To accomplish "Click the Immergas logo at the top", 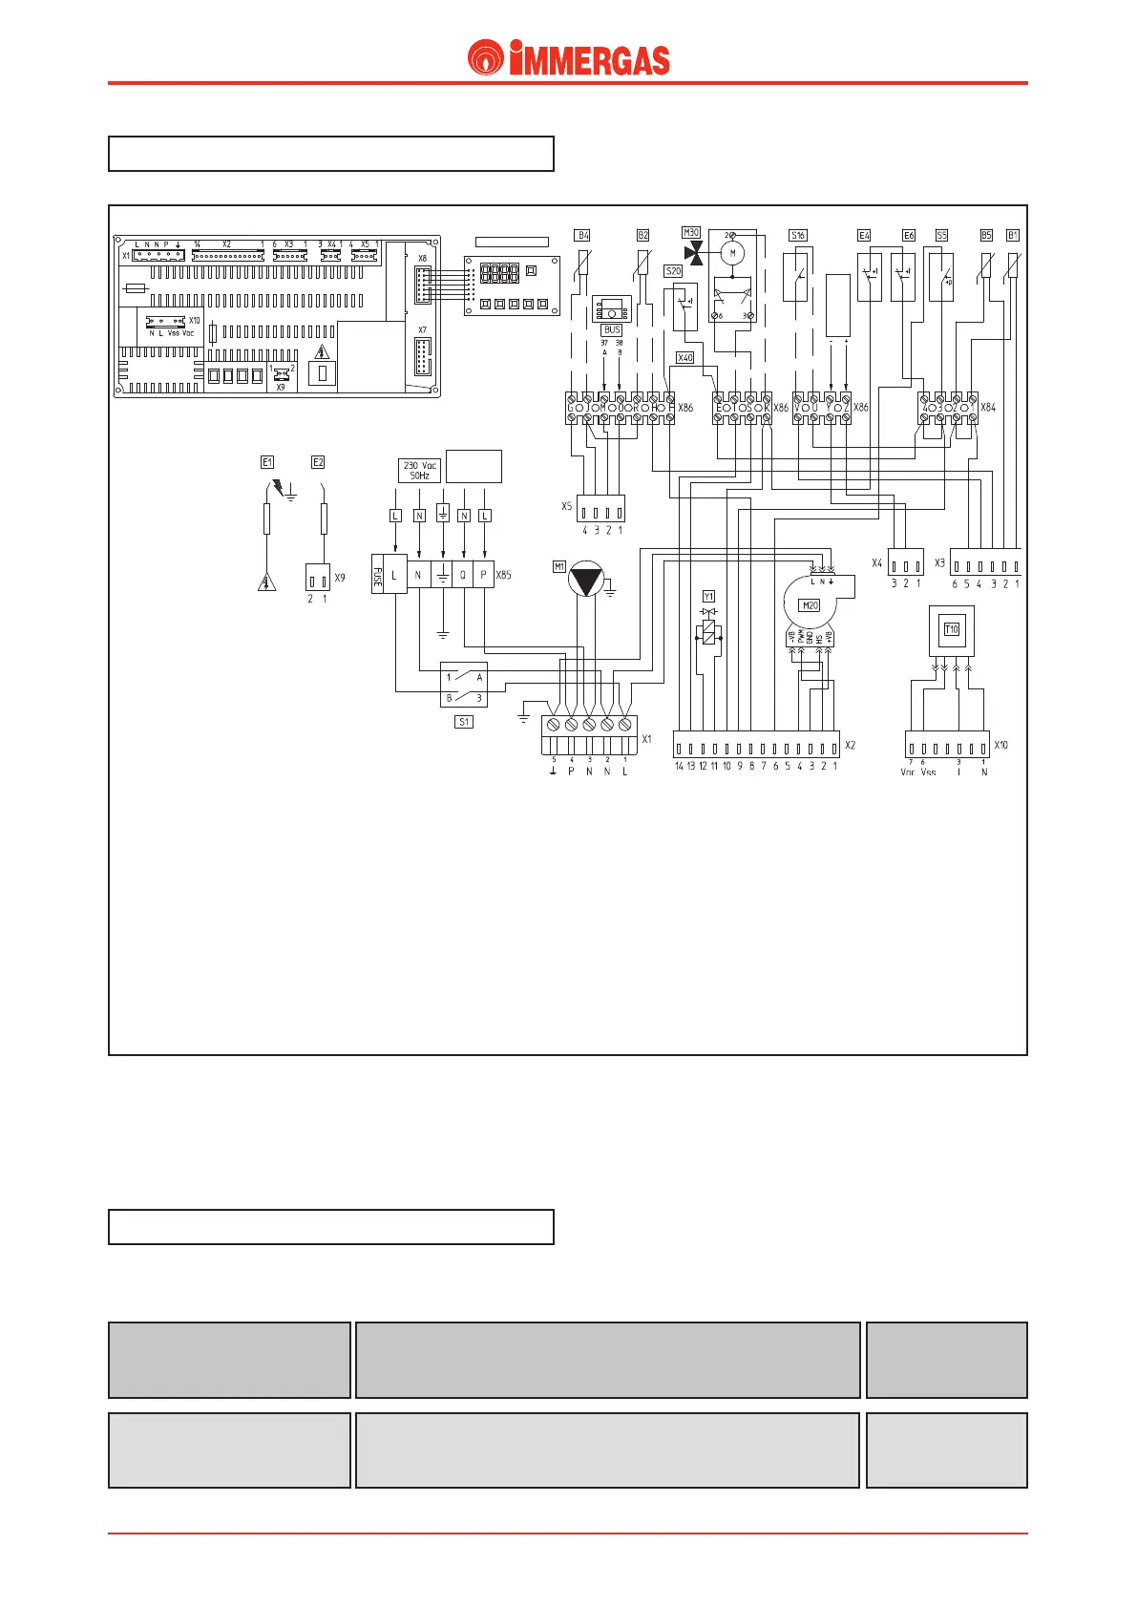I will point(569,58).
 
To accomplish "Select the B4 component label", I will point(582,235).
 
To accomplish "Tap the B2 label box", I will point(642,235).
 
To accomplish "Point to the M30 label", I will point(691,232).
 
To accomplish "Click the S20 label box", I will point(673,271).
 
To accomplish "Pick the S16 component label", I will point(798,235).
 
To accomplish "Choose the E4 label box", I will point(864,235).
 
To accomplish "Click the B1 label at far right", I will point(1013,235).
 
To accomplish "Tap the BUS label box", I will point(612,329).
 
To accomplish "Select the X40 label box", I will point(684,358).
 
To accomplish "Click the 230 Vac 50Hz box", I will point(420,470).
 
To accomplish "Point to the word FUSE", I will point(378,576).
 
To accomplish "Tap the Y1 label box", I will point(708,597).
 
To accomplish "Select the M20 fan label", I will point(810,605).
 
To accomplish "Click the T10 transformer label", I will point(951,629).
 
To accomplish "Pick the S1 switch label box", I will point(464,722).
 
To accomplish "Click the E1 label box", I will point(267,462).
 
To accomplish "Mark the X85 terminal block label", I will point(503,575).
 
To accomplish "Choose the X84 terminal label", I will point(988,408).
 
